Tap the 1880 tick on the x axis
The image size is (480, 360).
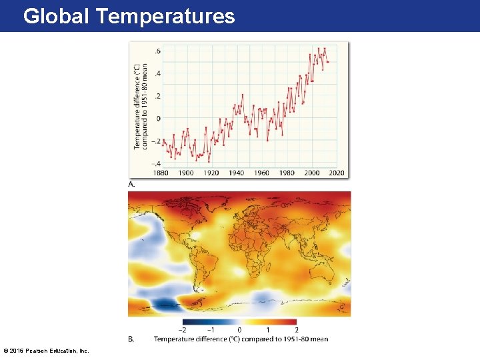point(161,173)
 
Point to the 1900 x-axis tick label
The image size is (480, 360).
point(186,173)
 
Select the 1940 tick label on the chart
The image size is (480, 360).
point(236,173)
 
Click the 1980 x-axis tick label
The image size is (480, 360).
point(287,173)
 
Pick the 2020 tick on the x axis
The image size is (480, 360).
point(337,173)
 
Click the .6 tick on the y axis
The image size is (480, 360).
point(157,51)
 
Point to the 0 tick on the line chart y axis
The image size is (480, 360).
point(158,119)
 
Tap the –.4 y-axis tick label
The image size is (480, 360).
point(156,163)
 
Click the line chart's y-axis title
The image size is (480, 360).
point(140,107)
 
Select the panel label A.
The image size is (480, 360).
point(131,183)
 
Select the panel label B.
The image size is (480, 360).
point(131,339)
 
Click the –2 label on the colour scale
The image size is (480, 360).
point(183,330)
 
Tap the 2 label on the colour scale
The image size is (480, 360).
point(297,330)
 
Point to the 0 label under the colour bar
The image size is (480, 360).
point(239,330)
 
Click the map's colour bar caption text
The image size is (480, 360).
point(241,339)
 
